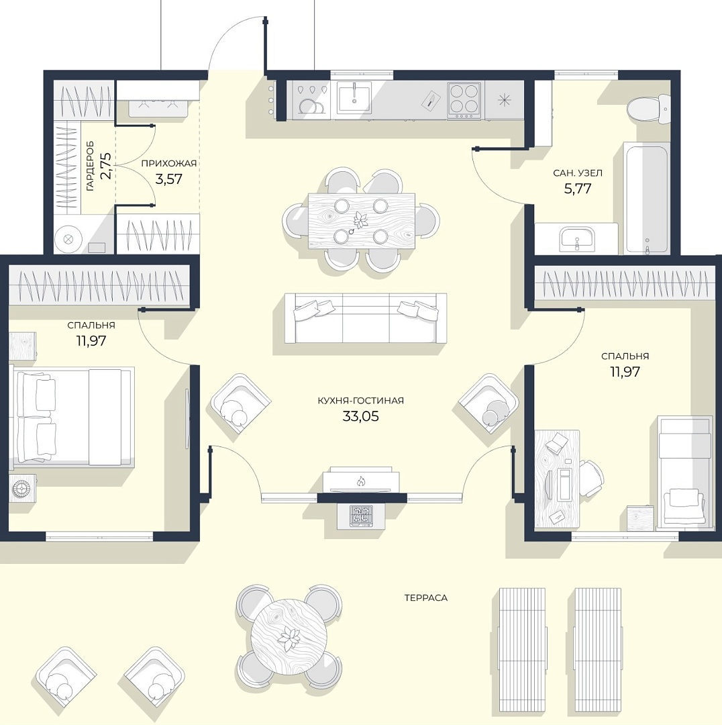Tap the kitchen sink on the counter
point(354,97)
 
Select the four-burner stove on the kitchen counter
point(464,99)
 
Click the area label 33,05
point(360,416)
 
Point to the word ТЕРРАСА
point(425,598)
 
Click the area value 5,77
point(578,189)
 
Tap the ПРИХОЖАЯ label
point(168,163)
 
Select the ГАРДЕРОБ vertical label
point(90,166)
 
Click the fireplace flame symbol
point(361,482)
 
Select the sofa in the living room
point(366,318)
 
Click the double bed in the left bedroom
point(72,417)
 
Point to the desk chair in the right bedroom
point(590,478)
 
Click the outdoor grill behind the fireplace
point(362,516)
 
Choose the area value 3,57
point(168,179)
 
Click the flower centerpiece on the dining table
point(360,218)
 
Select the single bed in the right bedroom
point(684,471)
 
